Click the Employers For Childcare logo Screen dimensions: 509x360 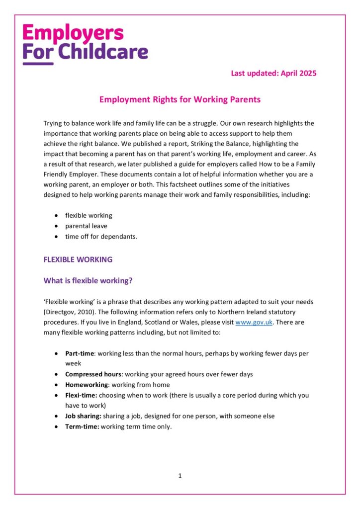coord(85,43)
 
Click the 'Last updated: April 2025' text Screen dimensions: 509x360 coord(273,73)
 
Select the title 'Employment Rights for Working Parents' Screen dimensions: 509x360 coord(180,99)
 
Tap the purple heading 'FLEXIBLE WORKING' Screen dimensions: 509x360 coord(78,259)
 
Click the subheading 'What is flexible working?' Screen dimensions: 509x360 coord(88,280)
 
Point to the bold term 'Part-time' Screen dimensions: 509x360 coord(79,353)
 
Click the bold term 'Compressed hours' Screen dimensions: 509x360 coord(93,374)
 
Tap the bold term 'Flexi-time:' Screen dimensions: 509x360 coord(81,395)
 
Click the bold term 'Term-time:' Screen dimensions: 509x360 coord(82,426)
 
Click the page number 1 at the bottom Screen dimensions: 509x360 coord(180,476)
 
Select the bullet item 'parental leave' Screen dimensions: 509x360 coord(86,226)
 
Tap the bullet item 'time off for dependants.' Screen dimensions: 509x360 coord(101,236)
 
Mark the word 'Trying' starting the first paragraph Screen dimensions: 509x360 coord(53,123)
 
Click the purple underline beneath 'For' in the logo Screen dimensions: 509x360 coord(38,63)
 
